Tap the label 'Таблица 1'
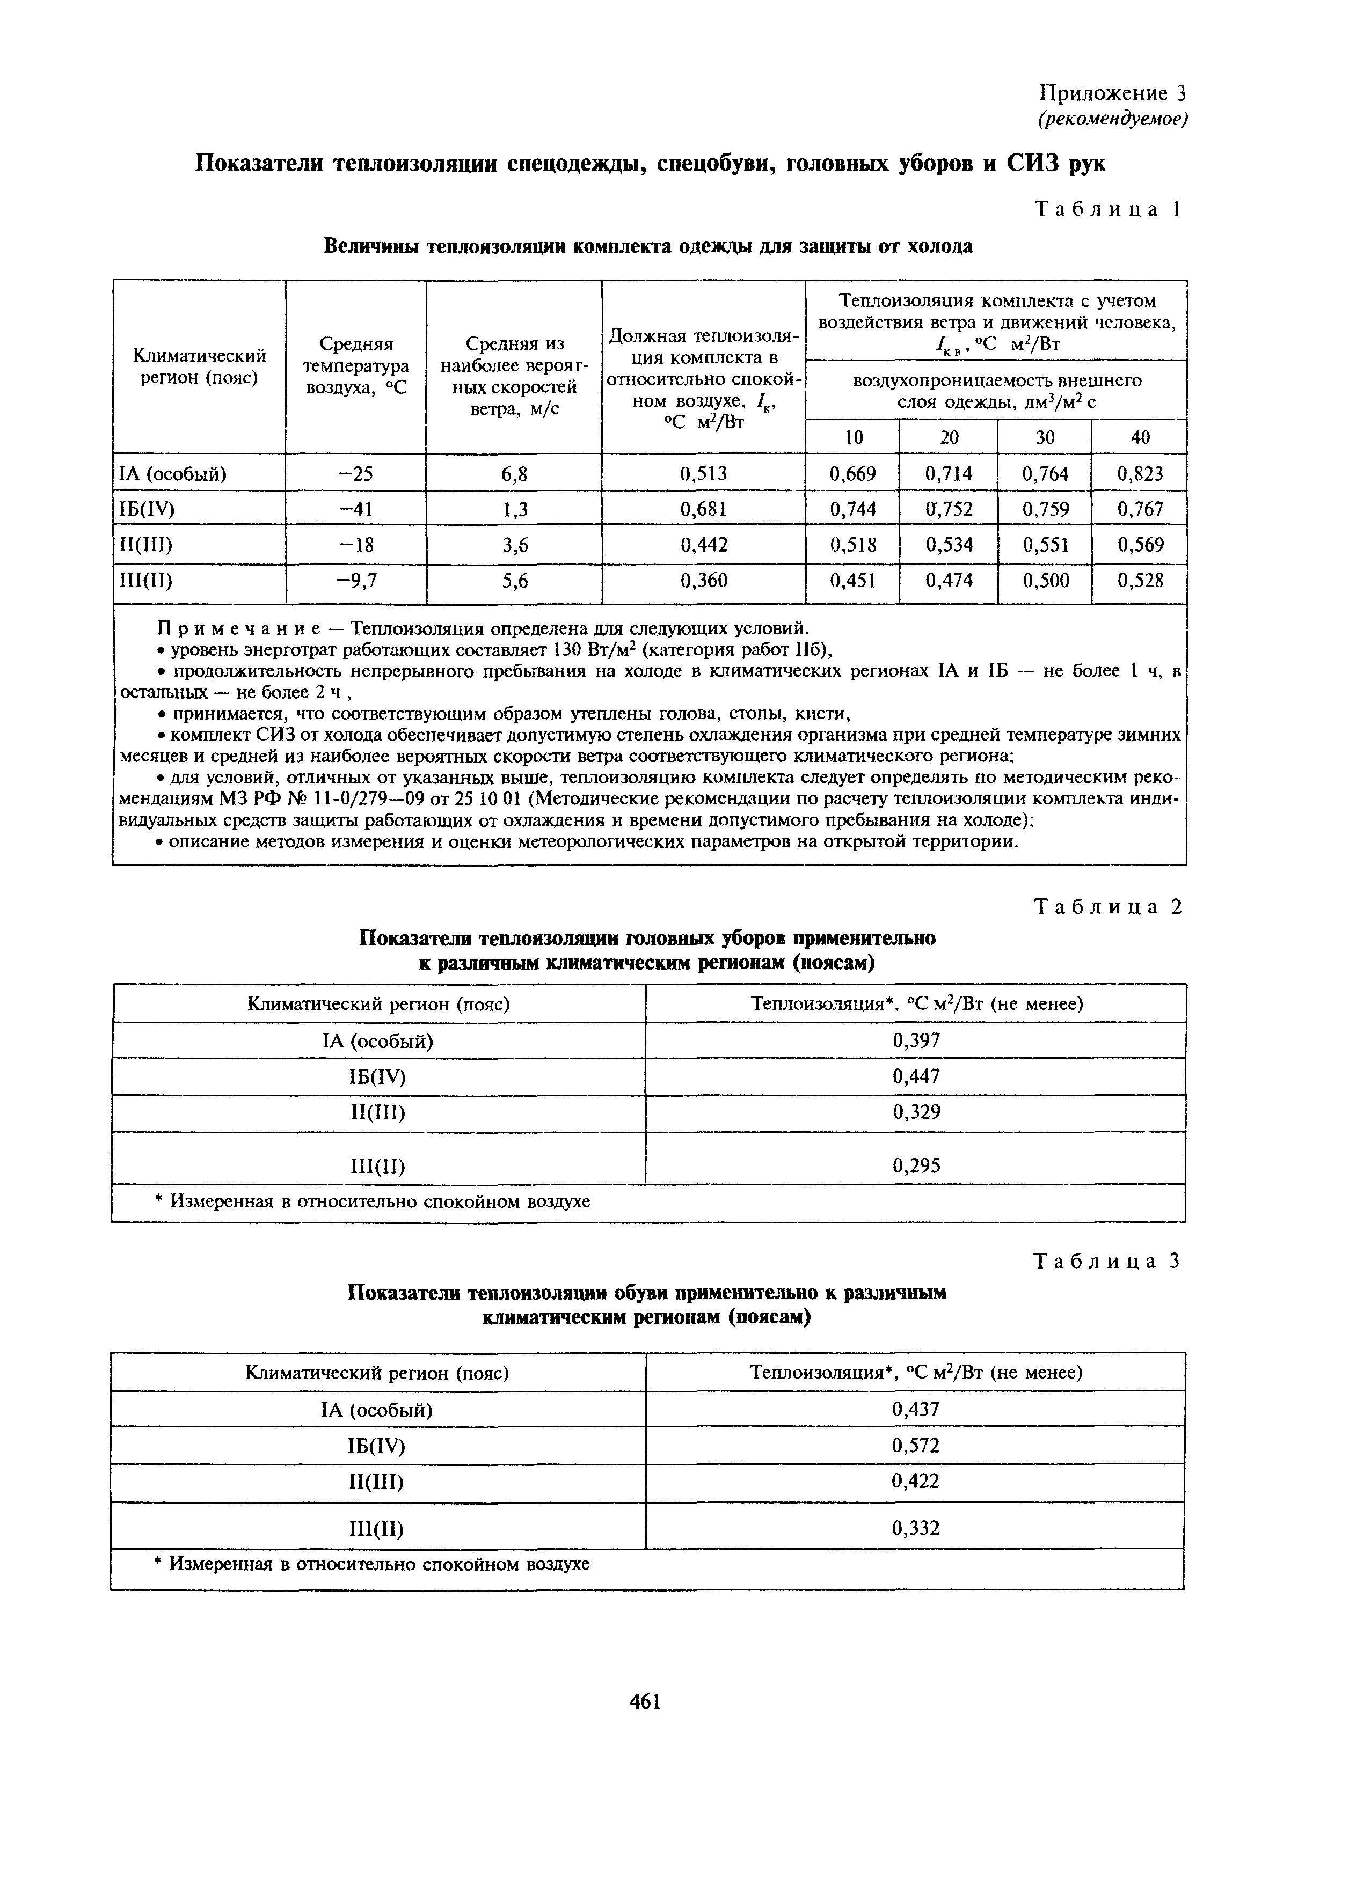click(1107, 209)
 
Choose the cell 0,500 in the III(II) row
click(1045, 580)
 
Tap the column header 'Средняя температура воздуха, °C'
click(355, 365)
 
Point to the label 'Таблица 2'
click(1107, 907)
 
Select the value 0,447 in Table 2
click(916, 1076)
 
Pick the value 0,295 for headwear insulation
click(916, 1165)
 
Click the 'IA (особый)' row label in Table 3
click(377, 1410)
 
